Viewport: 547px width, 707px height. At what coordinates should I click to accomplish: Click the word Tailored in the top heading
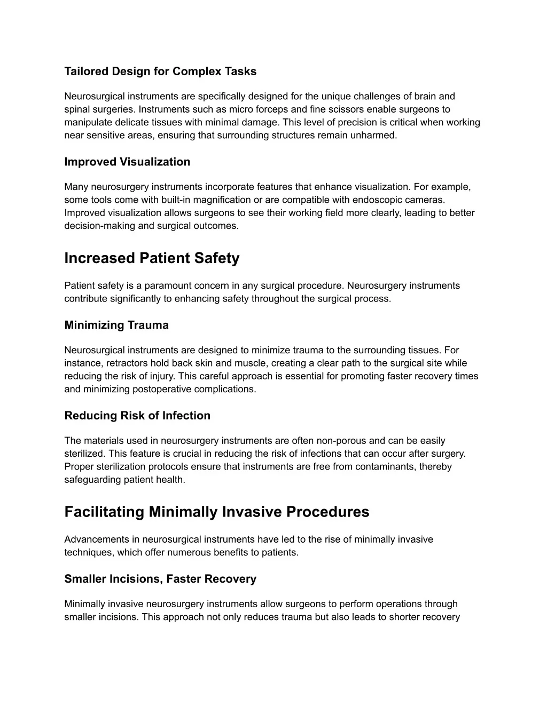tap(86, 72)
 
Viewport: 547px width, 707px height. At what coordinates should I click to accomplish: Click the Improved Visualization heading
tap(127, 162)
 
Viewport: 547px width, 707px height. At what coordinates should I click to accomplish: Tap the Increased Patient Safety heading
tap(152, 258)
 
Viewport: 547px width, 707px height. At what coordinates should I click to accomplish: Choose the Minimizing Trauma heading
tap(116, 325)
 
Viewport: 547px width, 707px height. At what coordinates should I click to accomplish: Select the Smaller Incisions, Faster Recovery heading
tap(160, 579)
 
